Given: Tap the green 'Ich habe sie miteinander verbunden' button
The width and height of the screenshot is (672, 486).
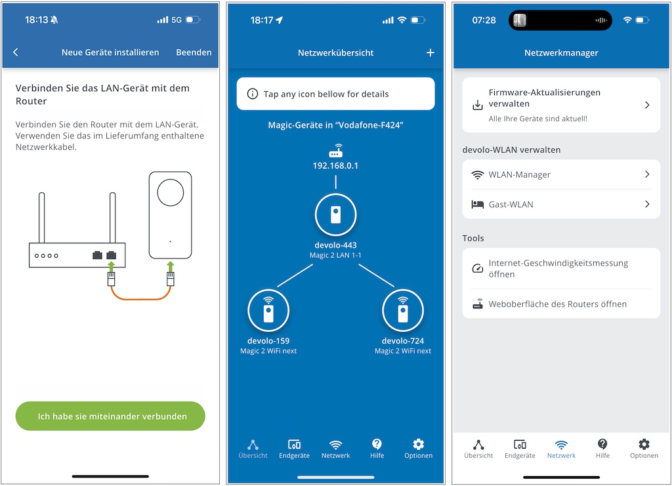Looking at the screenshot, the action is coord(110,416).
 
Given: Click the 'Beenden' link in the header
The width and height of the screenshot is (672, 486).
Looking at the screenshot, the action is coord(194,52).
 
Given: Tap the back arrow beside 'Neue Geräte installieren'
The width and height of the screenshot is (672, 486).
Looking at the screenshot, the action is coord(16,52).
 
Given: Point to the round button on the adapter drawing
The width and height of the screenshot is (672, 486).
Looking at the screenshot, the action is coord(170,192).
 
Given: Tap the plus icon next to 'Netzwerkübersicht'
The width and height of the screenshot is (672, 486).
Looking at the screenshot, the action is coord(430,52).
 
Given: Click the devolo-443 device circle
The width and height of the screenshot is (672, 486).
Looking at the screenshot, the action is coord(335,214).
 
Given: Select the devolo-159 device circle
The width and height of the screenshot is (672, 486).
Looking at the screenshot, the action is coord(268,310).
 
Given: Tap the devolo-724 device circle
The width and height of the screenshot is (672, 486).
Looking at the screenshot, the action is coord(403,310).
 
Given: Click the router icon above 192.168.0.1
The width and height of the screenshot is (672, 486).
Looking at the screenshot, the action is coord(335,151).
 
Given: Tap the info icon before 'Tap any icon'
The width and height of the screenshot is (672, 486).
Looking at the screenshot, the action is coord(253,94).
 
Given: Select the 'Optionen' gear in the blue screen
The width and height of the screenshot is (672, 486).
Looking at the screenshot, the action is coord(418,444).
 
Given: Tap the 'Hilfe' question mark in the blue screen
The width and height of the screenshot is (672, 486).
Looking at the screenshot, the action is coord(377,444).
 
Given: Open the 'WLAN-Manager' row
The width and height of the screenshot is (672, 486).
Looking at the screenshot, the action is coord(561,174).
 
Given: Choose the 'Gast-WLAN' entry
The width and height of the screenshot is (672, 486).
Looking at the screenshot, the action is coord(561,204).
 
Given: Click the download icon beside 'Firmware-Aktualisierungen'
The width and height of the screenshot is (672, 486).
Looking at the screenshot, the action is coord(478,105).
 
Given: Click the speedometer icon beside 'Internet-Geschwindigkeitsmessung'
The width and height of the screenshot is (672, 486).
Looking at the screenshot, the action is coord(478,268).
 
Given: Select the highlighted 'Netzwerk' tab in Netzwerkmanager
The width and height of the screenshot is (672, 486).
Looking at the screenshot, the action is coord(561,449).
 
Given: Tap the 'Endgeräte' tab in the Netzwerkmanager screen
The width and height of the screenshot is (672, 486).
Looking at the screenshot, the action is coord(520,449).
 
